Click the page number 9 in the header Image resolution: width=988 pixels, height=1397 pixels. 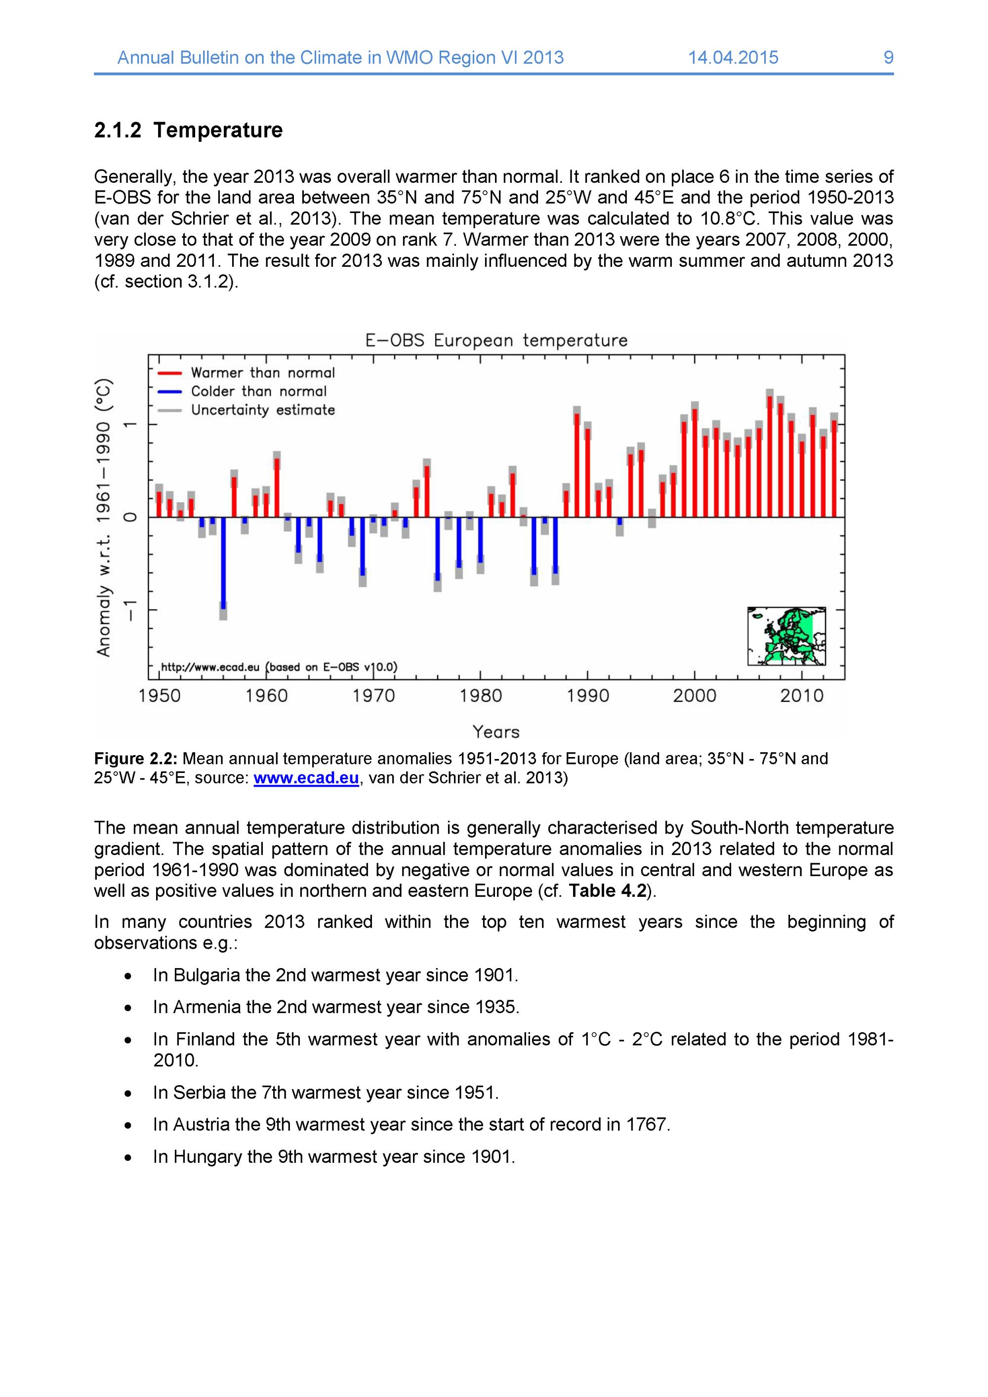tap(888, 58)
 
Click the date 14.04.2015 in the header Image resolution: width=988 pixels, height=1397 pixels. tap(733, 58)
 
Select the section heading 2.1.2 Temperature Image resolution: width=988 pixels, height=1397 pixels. tap(188, 130)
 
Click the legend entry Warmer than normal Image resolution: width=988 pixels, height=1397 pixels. tap(262, 373)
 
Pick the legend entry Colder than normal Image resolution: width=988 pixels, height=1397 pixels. tap(258, 392)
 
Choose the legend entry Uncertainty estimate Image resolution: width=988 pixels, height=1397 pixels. tap(262, 410)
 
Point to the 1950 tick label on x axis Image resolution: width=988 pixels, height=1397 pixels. tap(160, 695)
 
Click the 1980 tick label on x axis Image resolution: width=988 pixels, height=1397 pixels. tap(481, 695)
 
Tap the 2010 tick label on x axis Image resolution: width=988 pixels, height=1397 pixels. tap(801, 695)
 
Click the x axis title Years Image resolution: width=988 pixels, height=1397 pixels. tap(496, 732)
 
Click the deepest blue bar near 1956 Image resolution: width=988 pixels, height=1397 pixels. tap(223, 563)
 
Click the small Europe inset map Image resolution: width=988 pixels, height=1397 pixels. tap(786, 636)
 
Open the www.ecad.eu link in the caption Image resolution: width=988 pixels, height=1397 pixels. tap(306, 779)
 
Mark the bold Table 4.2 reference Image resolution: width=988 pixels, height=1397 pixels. tap(607, 891)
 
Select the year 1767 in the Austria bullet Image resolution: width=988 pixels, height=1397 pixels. tap(647, 1124)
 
